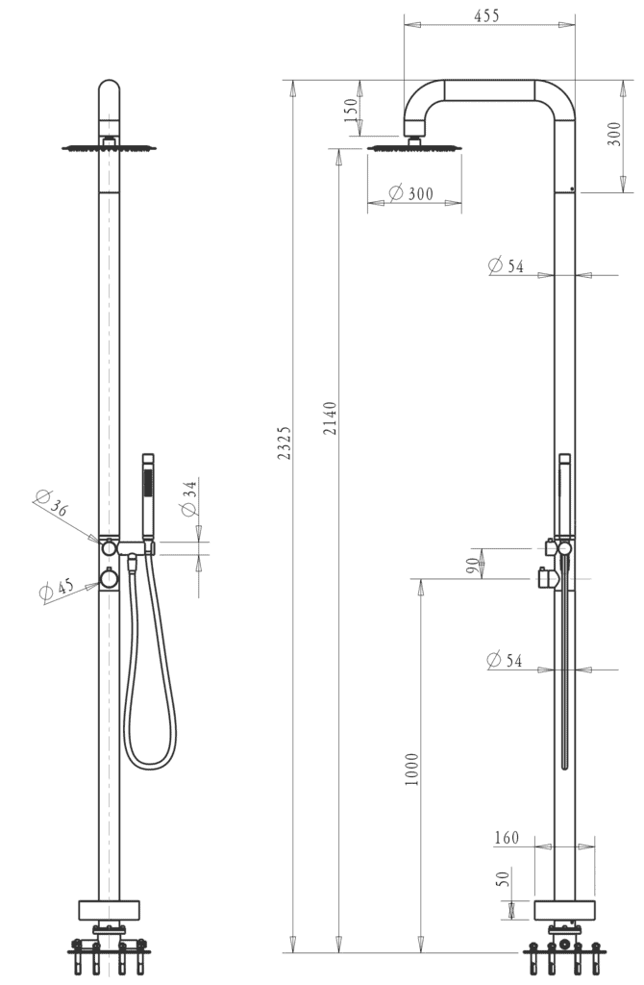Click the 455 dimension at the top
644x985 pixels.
(x=486, y=15)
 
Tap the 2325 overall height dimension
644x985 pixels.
(x=285, y=442)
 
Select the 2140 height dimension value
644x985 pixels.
(x=330, y=418)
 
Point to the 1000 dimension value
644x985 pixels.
(x=411, y=770)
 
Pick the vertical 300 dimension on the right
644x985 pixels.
(x=614, y=134)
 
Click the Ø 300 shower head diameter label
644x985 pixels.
(x=411, y=192)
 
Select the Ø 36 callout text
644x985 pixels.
(x=51, y=501)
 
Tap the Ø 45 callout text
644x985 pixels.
(x=57, y=590)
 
